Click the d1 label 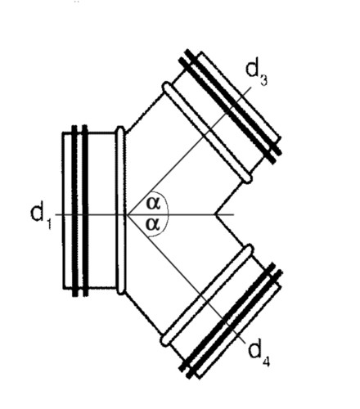click(40, 216)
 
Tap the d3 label click(256, 73)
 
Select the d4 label click(259, 353)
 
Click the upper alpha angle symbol click(153, 204)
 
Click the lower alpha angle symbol click(153, 224)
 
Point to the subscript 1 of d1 click(48, 223)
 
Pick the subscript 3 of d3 click(263, 80)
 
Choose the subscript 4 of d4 click(266, 361)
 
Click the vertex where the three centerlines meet click(128, 214)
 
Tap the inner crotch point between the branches click(215, 214)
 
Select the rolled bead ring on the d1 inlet click(121, 210)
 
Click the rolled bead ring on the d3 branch click(207, 133)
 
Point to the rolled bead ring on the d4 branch click(207, 295)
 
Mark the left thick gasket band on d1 click(74, 210)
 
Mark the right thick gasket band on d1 click(85, 210)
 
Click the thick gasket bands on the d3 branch click(230, 106)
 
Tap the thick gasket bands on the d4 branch click(231, 321)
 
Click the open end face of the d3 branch click(240, 95)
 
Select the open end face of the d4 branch click(239, 330)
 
